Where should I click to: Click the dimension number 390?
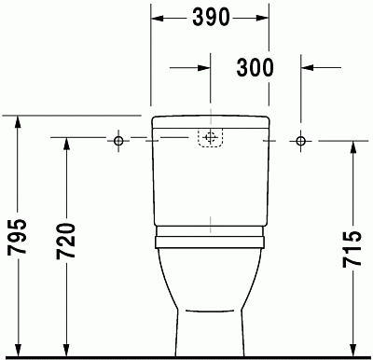click(x=211, y=18)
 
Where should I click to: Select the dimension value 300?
click(x=254, y=67)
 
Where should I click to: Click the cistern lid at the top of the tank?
click(x=210, y=122)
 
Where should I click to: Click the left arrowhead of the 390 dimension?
click(x=158, y=18)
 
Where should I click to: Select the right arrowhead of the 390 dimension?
click(x=264, y=18)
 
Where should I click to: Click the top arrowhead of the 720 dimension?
click(x=65, y=145)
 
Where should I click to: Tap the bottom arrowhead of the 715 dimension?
click(x=352, y=349)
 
